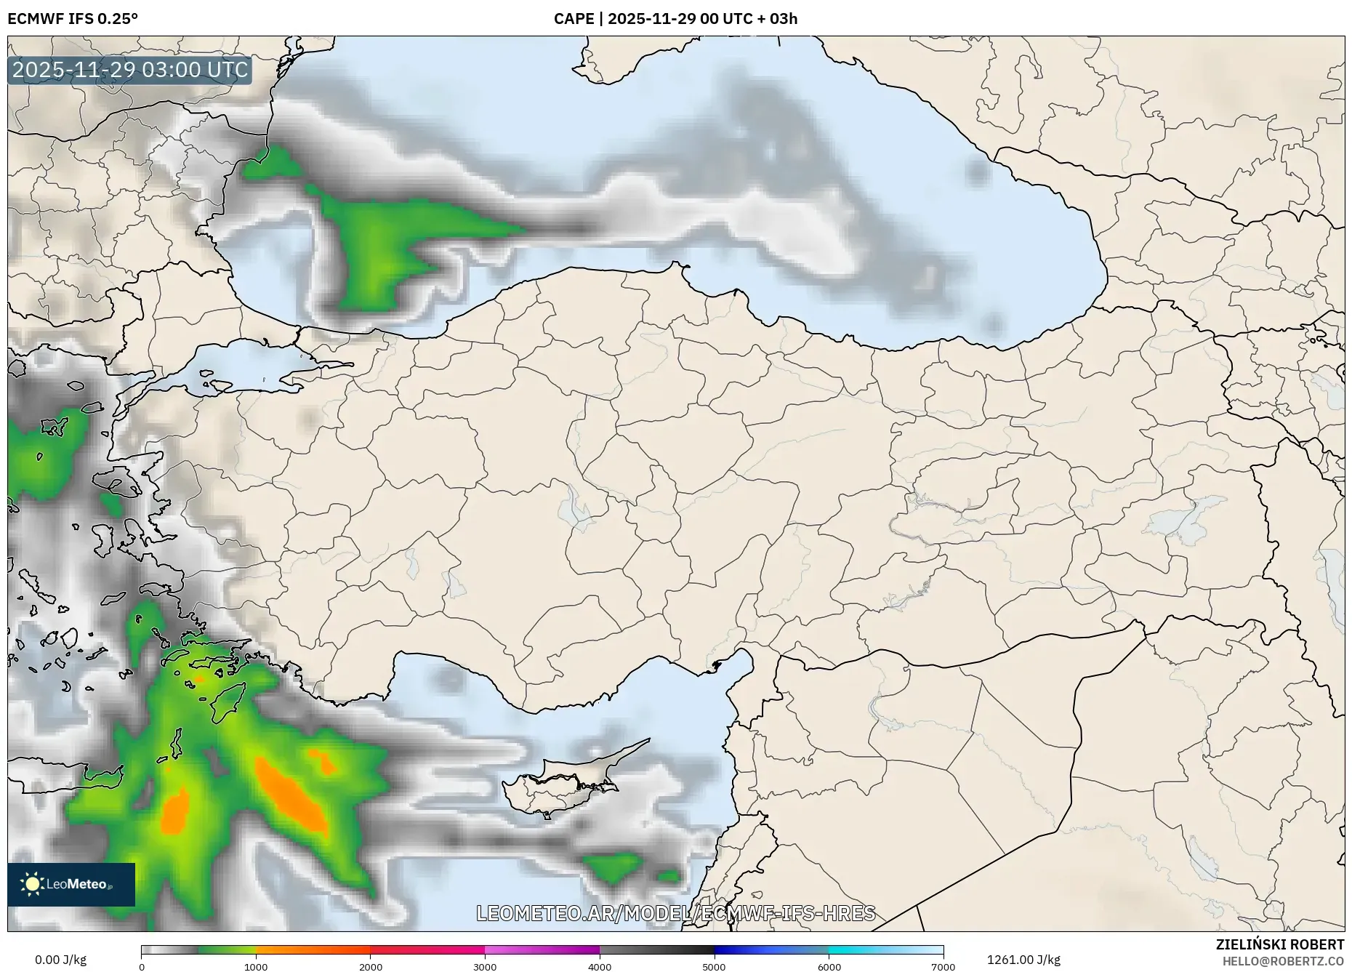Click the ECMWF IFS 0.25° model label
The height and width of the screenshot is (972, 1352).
pos(73,19)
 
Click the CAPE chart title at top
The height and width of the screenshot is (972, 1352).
pos(675,19)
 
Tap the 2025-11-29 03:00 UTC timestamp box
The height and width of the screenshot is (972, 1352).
pos(130,70)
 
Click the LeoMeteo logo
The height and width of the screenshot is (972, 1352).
pos(71,884)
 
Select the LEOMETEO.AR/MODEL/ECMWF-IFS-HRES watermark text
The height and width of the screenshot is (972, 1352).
pos(675,913)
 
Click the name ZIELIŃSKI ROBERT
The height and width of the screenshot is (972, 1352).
pos(1279,944)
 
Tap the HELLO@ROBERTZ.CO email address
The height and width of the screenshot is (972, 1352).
pos(1282,961)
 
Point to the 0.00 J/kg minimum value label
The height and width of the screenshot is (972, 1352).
pos(60,960)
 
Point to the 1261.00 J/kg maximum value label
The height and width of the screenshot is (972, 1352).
pos(1023,960)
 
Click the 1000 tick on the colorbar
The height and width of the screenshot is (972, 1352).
pos(256,966)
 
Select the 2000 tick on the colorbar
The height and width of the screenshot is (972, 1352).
pos(371,966)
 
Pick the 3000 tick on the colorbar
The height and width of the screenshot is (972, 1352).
pos(485,966)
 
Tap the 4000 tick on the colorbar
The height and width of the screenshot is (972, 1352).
pos(600,966)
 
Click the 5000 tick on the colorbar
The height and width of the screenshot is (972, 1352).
pos(714,966)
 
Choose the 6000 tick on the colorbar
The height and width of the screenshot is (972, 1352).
pos(829,966)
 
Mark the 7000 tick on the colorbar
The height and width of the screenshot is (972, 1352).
pos(943,966)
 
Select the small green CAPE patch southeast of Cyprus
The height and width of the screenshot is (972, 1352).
pos(614,866)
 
